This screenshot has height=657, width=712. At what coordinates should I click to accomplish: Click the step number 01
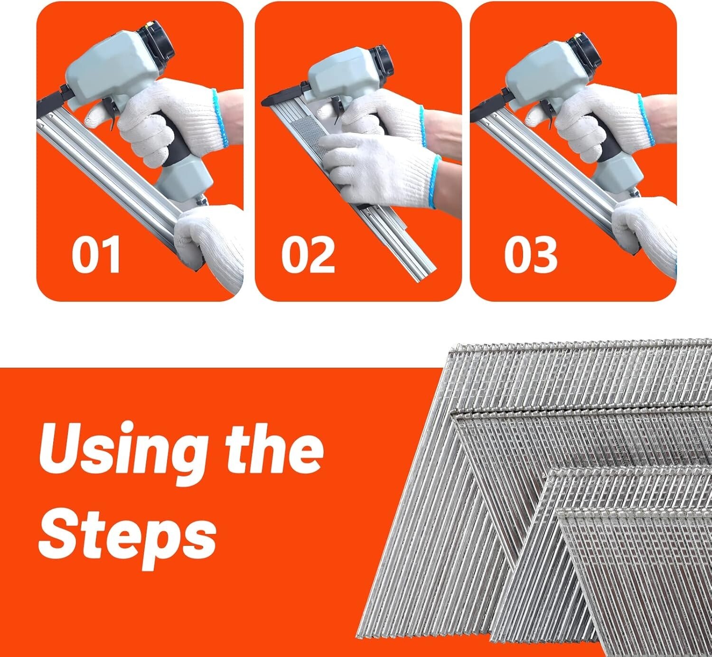pyautogui.click(x=96, y=255)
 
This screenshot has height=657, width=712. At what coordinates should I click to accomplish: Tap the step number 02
pyautogui.click(x=308, y=255)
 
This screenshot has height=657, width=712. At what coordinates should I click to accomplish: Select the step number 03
pyautogui.click(x=530, y=255)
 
